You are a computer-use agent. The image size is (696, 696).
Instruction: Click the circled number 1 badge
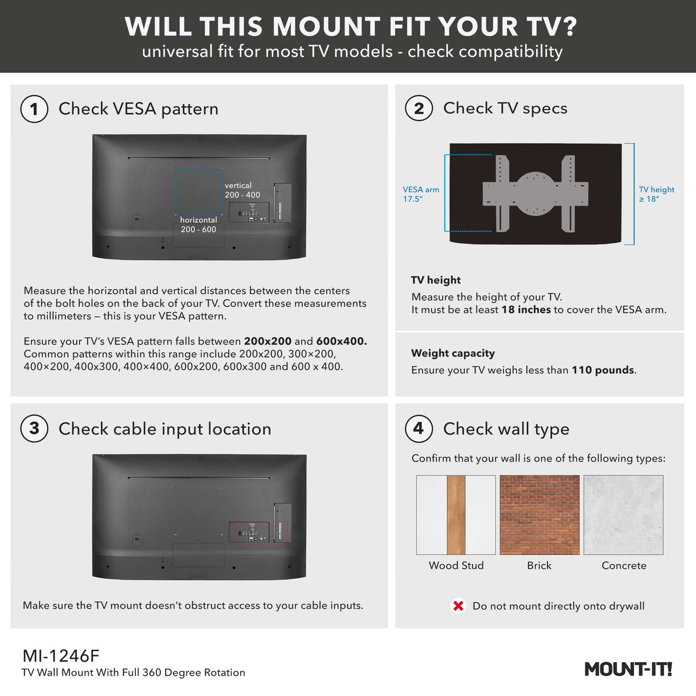34,109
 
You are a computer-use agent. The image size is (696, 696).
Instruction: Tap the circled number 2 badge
419,108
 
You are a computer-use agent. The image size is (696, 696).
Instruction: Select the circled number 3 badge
34,428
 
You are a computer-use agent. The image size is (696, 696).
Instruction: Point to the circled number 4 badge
419,428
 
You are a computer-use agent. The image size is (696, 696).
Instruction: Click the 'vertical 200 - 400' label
242,190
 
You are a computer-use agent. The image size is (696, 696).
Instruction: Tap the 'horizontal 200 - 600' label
198,225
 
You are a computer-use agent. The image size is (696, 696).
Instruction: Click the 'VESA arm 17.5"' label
421,194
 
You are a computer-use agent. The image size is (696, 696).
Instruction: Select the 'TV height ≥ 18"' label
656,194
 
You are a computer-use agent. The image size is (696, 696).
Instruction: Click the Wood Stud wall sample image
456,514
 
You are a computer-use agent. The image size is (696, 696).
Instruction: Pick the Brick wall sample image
539,514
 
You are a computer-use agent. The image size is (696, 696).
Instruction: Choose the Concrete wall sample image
623,514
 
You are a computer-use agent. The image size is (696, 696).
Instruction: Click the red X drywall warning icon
458,606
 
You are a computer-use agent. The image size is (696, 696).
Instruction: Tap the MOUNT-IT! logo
628,669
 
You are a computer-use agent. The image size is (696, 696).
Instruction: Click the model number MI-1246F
61,655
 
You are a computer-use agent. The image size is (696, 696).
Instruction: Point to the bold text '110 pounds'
603,370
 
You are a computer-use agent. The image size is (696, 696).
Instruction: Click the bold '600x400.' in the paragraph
341,341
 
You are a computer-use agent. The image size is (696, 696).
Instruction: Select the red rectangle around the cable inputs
259,532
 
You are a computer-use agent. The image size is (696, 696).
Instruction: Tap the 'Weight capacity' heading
453,353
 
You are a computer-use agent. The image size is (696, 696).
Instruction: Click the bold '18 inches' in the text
526,310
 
